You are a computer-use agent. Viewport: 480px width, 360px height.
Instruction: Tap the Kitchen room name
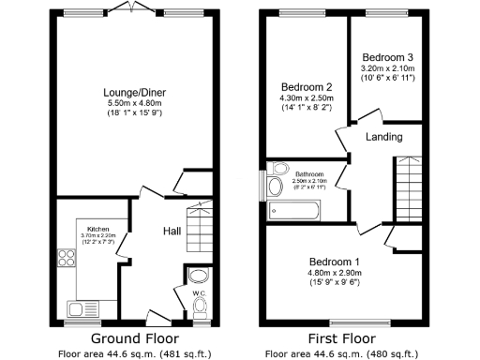[x=97, y=229]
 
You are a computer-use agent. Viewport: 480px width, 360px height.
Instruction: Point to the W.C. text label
[x=198, y=292]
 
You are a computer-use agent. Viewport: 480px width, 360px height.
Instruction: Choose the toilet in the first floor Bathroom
[x=277, y=170]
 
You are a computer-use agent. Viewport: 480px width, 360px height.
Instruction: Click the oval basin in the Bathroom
[x=275, y=188]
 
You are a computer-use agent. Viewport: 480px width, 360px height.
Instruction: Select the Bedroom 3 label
[x=387, y=57]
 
